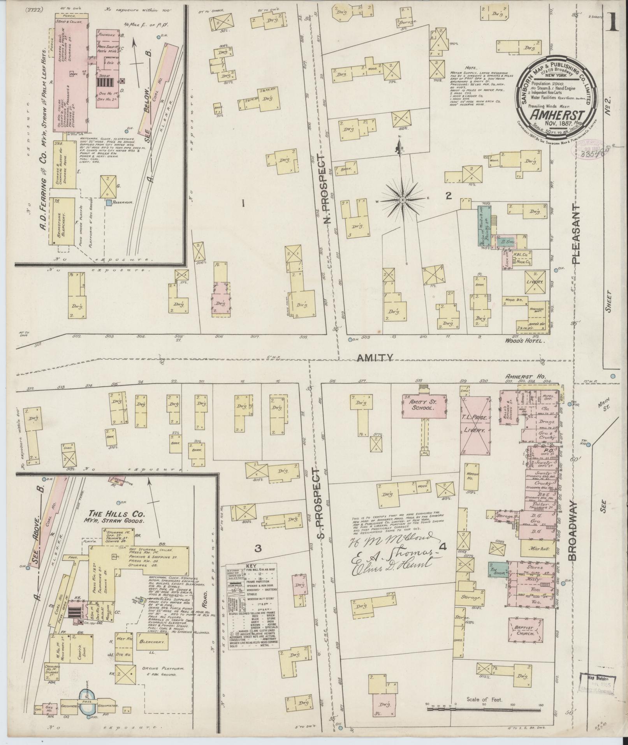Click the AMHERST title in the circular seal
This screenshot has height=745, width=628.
click(557, 116)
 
